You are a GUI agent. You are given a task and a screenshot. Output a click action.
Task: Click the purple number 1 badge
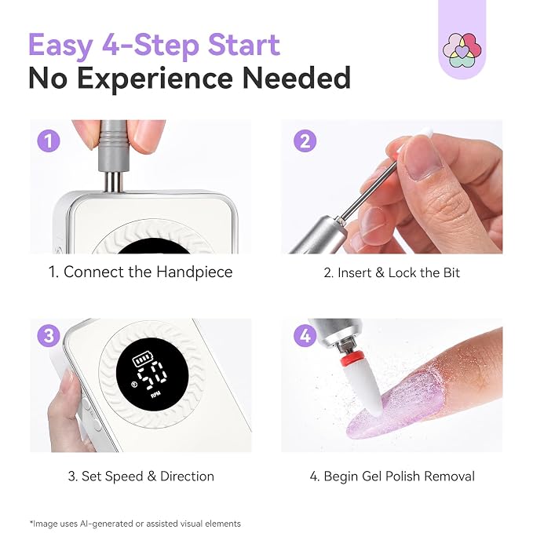tap(49, 141)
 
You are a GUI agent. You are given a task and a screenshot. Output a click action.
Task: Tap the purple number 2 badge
tap(305, 141)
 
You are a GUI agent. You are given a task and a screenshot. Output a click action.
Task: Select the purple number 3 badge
tap(49, 335)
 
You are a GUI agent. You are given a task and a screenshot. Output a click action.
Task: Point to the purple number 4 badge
tap(305, 335)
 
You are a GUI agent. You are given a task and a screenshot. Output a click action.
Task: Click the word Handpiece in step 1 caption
tap(195, 272)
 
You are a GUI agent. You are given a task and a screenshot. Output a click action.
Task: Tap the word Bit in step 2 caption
tap(452, 272)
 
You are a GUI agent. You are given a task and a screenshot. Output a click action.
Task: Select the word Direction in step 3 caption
tap(187, 476)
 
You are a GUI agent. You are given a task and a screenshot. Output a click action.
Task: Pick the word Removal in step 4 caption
tap(449, 476)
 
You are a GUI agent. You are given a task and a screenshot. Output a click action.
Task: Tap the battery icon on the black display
tap(143, 360)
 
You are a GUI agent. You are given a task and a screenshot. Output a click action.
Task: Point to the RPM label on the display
tap(156, 396)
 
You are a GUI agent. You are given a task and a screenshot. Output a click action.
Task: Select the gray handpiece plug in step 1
tap(113, 146)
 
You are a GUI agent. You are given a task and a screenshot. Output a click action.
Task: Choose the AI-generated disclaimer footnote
tap(135, 524)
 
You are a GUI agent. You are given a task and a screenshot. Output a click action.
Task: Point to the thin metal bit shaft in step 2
tap(369, 190)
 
